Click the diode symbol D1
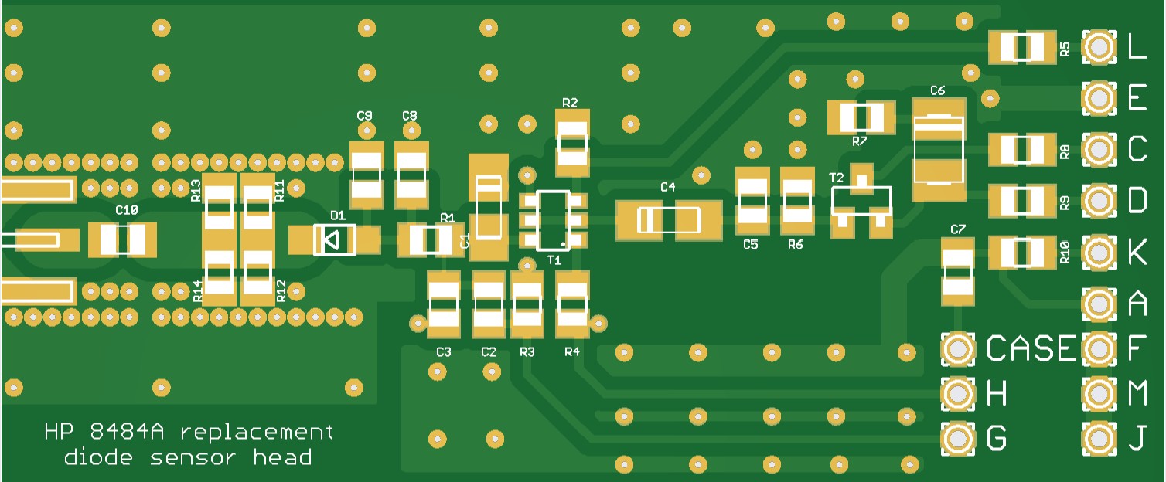click(334, 240)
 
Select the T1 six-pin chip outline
click(554, 220)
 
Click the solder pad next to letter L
click(1099, 48)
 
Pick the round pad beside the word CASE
click(958, 350)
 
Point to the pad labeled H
click(958, 395)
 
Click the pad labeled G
click(958, 439)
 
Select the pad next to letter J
click(1099, 439)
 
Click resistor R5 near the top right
click(1022, 48)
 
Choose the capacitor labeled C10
click(122, 239)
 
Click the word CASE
click(1031, 350)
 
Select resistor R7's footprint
click(861, 117)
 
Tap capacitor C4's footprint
click(669, 220)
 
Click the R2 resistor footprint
click(573, 143)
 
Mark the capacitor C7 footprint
click(958, 270)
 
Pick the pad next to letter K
click(1099, 253)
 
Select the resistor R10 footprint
click(1022, 253)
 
